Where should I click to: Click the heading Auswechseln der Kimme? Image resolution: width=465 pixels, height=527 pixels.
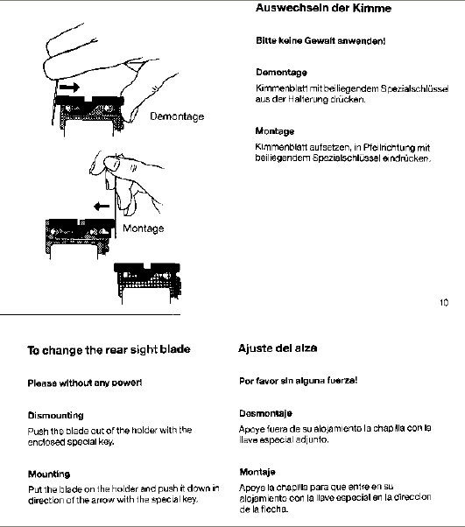(x=323, y=8)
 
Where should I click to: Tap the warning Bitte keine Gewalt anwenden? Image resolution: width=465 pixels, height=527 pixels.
(x=321, y=41)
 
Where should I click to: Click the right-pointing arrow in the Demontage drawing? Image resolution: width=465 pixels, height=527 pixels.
(x=69, y=88)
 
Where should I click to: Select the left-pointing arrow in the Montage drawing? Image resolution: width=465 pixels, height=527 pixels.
(x=102, y=206)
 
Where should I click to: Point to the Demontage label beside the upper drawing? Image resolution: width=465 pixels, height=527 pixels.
(x=177, y=116)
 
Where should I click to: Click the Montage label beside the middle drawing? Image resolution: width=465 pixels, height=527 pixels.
(x=144, y=228)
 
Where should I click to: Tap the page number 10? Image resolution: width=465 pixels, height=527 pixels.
(x=444, y=303)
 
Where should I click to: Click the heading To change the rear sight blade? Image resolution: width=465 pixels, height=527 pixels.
(x=109, y=350)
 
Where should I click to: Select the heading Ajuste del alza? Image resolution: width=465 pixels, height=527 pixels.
(x=278, y=348)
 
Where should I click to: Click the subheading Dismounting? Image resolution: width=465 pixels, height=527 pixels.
(x=55, y=416)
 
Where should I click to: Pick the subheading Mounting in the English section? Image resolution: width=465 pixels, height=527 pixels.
(x=49, y=474)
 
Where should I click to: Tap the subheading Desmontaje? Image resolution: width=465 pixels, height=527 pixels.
(x=265, y=413)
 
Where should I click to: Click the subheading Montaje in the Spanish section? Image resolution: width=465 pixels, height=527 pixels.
(x=257, y=472)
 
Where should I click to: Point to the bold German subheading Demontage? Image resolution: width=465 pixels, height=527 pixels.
(x=281, y=73)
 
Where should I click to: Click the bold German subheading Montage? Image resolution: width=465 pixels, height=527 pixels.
(x=275, y=131)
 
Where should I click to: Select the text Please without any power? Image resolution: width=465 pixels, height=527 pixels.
(x=85, y=383)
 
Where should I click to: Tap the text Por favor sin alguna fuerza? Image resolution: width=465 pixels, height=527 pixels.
(x=299, y=381)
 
